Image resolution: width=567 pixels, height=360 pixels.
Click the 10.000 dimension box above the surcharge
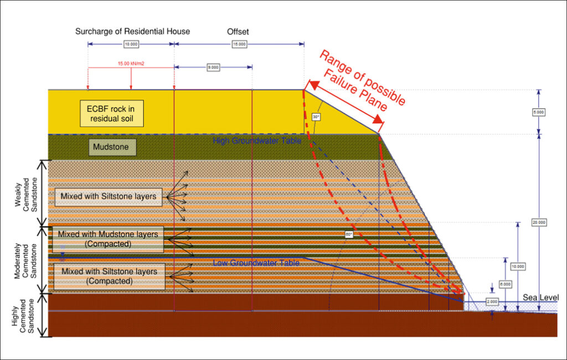pyautogui.click(x=131, y=43)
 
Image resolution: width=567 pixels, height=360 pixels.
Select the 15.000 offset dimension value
pyautogui.click(x=239, y=43)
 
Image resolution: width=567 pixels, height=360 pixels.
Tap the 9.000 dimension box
pyautogui.click(x=213, y=67)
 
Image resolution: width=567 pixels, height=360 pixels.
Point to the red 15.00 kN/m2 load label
pyautogui.click(x=131, y=63)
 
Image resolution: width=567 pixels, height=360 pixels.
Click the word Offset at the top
pyautogui.click(x=238, y=32)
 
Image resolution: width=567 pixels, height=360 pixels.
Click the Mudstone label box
pyautogui.click(x=112, y=147)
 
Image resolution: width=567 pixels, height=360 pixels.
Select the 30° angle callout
pyautogui.click(x=316, y=117)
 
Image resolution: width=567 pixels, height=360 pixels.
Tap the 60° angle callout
pyautogui.click(x=348, y=234)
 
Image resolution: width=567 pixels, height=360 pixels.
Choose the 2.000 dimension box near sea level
pyautogui.click(x=477, y=302)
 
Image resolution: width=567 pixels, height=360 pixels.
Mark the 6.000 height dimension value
pyautogui.click(x=506, y=284)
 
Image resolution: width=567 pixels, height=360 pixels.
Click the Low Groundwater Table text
pyautogui.click(x=256, y=263)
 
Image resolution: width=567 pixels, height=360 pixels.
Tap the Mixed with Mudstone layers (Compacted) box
pyautogui.click(x=108, y=239)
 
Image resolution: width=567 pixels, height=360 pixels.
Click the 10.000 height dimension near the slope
pyautogui.click(x=518, y=266)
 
